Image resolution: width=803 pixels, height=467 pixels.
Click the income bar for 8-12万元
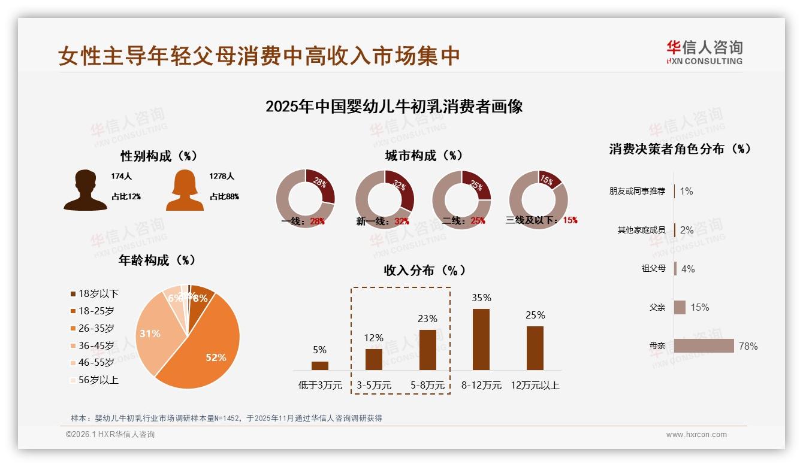point(481,339)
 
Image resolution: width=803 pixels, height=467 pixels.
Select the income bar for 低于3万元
point(320,366)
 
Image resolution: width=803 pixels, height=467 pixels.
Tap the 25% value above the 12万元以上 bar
point(535,315)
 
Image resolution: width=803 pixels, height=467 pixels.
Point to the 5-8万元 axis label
point(428,386)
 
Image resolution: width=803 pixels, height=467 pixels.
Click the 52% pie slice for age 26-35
point(210,347)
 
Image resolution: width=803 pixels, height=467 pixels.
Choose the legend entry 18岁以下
point(95,293)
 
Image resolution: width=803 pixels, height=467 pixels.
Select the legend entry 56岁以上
point(95,380)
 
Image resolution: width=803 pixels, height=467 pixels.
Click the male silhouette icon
point(85,190)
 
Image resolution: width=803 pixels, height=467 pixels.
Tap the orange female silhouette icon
point(185,190)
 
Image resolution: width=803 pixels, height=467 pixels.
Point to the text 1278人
point(222,177)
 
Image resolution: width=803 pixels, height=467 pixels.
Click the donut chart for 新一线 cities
point(385,199)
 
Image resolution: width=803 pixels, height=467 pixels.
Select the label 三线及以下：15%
point(542,220)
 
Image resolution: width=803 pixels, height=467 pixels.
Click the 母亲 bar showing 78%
point(704,346)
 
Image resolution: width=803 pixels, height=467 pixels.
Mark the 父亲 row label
point(657,307)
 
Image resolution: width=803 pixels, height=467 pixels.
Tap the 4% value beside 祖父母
point(688,269)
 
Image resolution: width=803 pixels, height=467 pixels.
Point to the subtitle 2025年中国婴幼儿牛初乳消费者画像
point(394,107)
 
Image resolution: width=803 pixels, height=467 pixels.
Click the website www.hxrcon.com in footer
point(696,435)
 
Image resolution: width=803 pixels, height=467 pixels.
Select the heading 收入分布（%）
point(425,270)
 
